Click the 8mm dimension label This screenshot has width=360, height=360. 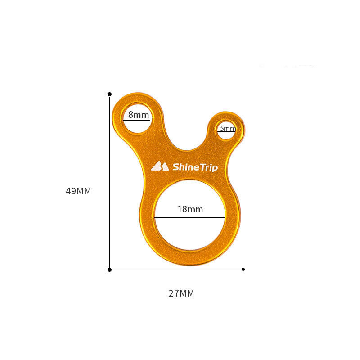(139, 115)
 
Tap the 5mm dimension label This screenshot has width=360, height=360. (228, 128)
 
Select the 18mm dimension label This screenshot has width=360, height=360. (190, 209)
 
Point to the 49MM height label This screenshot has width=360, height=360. (78, 191)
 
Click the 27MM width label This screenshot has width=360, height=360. (181, 293)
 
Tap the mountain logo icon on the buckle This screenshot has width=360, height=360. (160, 166)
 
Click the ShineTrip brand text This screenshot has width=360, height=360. (195, 167)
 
